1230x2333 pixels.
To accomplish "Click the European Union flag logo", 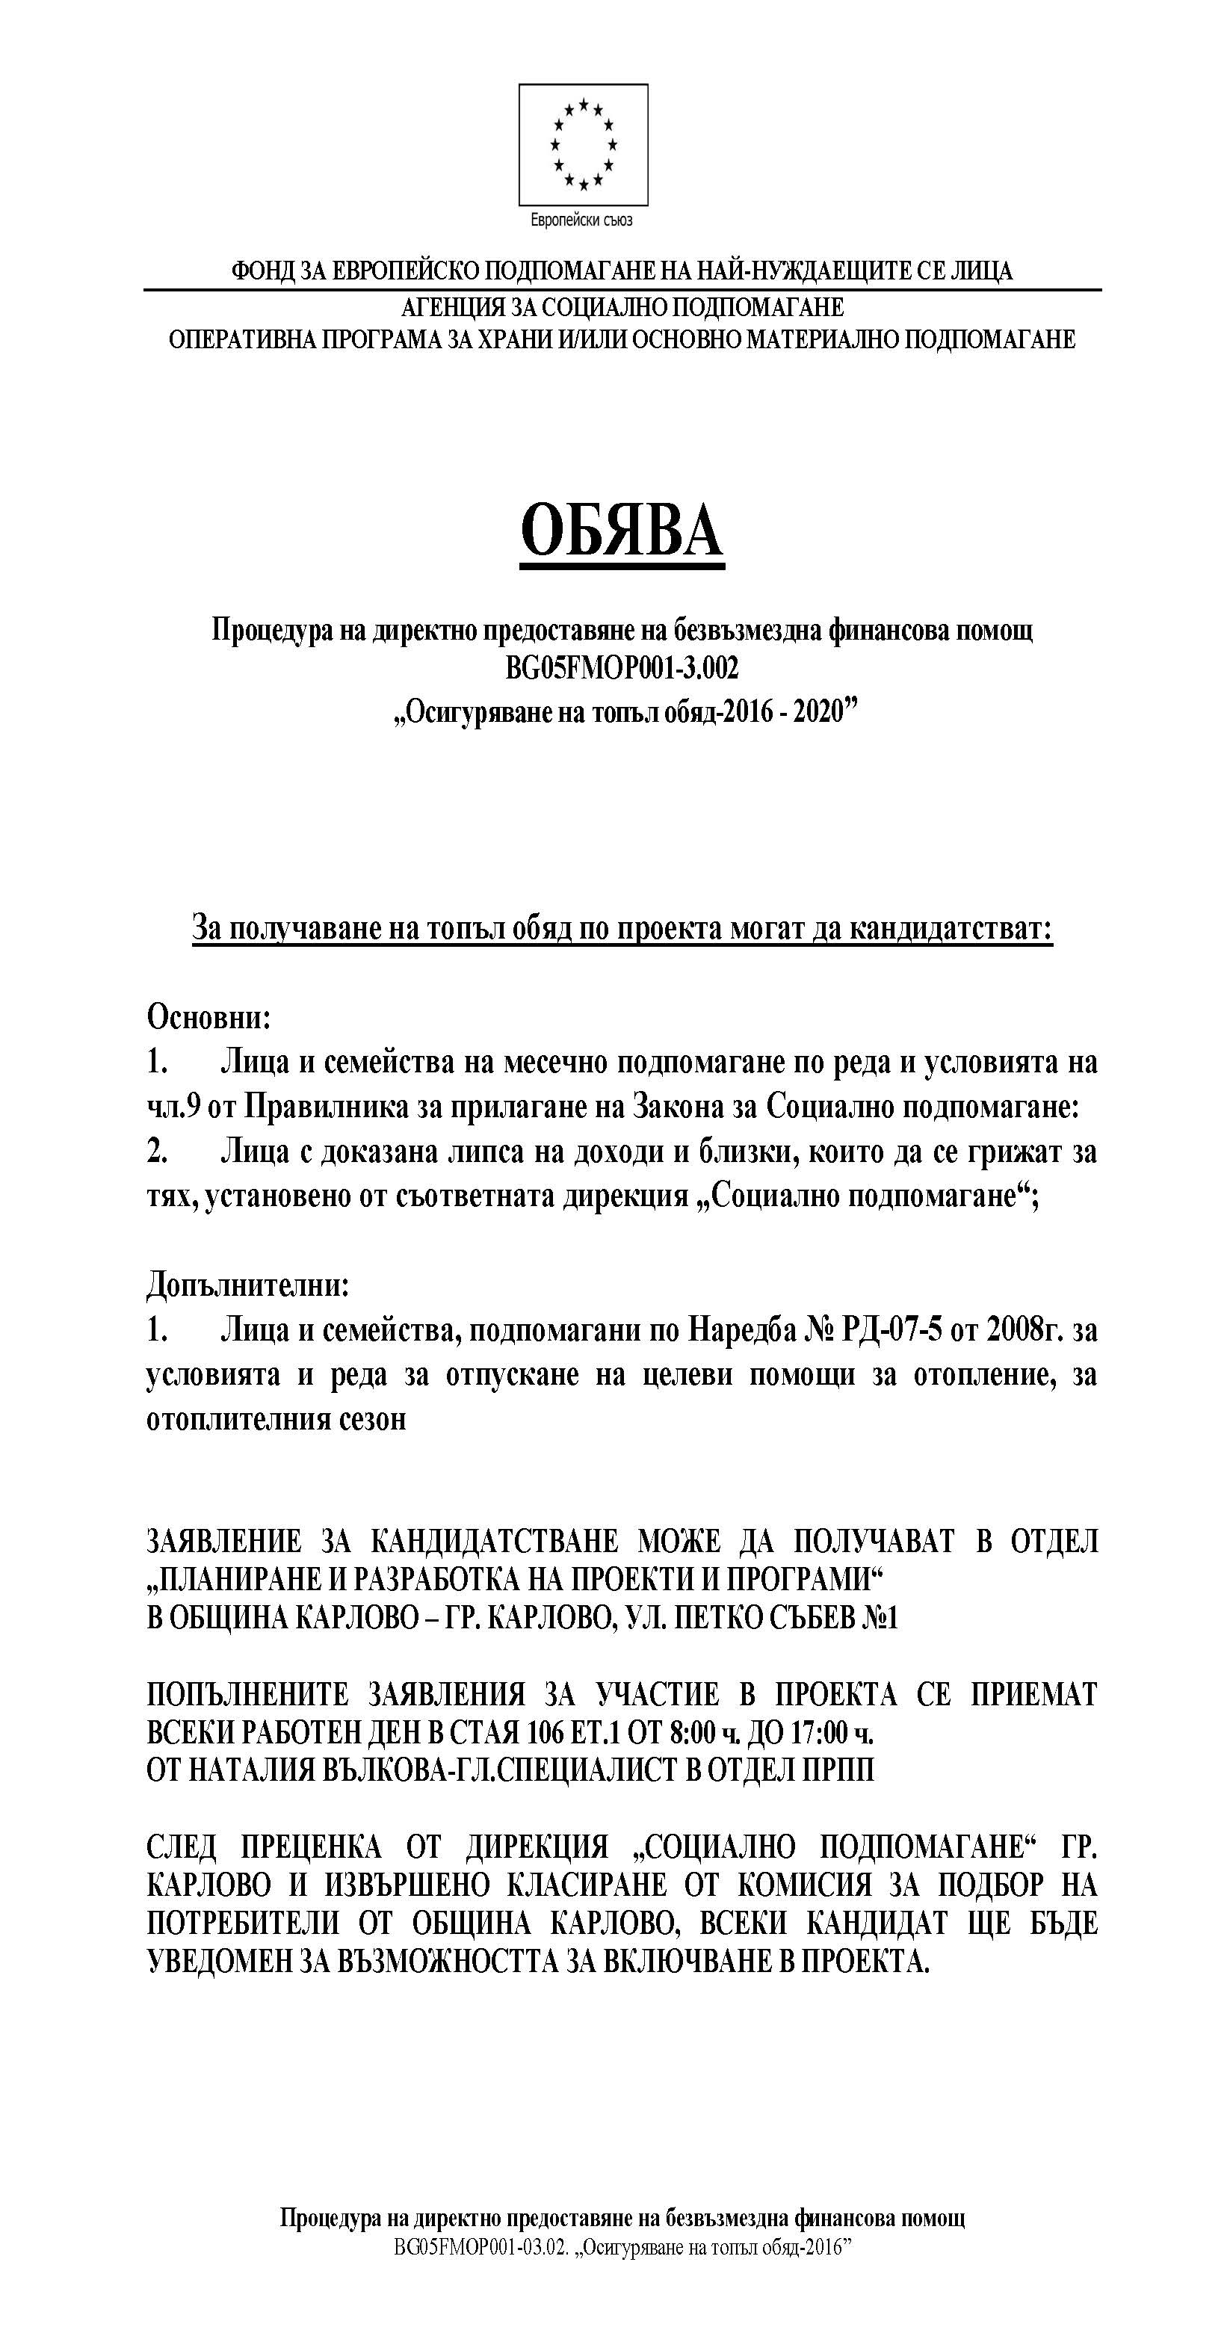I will click(582, 144).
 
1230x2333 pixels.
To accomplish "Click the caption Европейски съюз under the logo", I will click(581, 220).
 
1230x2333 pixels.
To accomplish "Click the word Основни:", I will click(209, 1016).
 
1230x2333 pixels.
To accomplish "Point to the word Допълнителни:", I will click(247, 1285).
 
